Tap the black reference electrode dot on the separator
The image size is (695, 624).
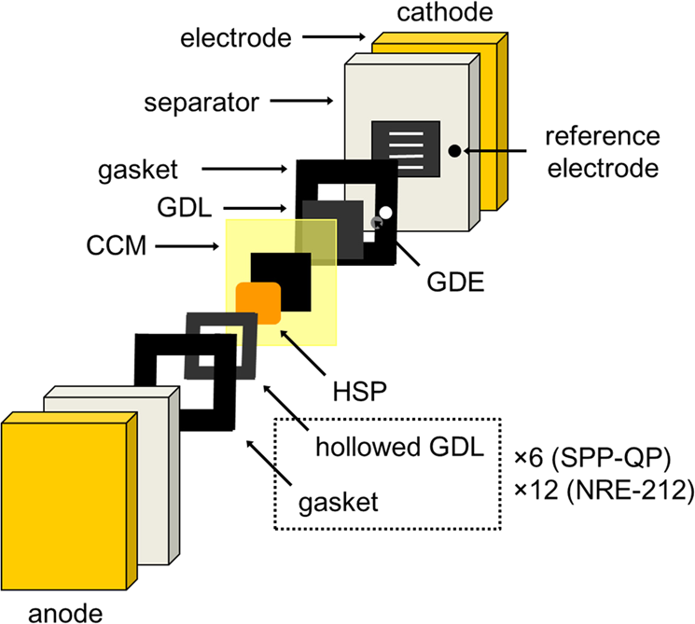(452, 149)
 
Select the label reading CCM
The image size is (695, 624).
(114, 247)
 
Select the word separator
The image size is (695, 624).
(200, 100)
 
